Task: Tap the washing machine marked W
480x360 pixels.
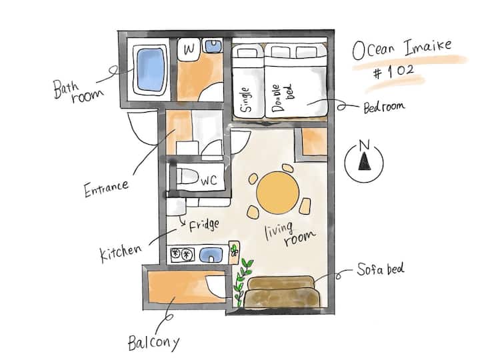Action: (x=189, y=48)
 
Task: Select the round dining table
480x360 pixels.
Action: (x=277, y=193)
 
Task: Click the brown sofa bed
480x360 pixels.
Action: (x=281, y=292)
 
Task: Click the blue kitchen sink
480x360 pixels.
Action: (x=211, y=255)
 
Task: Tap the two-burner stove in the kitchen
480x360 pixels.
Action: (x=183, y=255)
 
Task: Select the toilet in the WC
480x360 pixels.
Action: (x=187, y=177)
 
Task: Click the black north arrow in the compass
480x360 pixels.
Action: (x=364, y=161)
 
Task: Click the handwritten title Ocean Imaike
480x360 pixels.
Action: (x=402, y=49)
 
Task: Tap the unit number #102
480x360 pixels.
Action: (x=393, y=73)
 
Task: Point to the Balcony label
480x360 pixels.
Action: (x=153, y=343)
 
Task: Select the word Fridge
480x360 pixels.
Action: (x=204, y=225)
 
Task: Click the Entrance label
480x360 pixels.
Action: (x=106, y=188)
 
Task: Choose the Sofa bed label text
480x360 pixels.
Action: (x=381, y=269)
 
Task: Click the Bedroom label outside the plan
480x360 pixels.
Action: (x=384, y=107)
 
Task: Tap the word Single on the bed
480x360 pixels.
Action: (x=246, y=99)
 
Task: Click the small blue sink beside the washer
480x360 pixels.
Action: (x=213, y=46)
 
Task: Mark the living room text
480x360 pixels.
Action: (x=289, y=234)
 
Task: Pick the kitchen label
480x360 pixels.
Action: (x=121, y=253)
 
